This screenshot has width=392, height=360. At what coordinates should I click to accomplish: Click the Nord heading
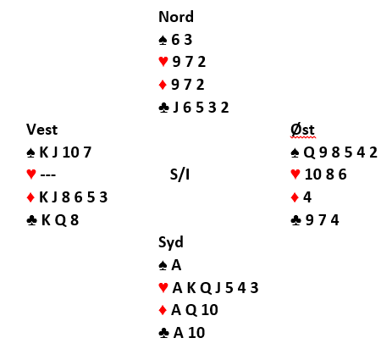point(176,17)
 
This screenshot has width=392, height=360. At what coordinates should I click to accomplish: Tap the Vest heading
point(41,130)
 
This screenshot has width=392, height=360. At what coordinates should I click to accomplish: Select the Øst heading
point(302,130)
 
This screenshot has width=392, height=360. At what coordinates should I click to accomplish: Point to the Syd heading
point(171,242)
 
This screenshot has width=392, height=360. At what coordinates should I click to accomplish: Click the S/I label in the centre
point(179,174)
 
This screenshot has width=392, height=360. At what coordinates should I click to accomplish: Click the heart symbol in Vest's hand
point(31,174)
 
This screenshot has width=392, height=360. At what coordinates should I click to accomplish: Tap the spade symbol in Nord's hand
point(163,40)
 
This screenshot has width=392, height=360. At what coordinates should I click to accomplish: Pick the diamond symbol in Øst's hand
point(295,197)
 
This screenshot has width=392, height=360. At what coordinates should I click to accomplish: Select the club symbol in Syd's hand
point(163,333)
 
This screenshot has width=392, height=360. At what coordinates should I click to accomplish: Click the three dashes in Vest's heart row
point(48,174)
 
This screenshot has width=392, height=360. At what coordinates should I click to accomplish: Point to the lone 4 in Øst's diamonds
point(307,197)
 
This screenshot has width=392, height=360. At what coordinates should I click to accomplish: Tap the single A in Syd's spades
point(176,265)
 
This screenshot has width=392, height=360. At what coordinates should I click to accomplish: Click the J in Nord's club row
point(176,108)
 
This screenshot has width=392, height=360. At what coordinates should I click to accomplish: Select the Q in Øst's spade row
point(309,152)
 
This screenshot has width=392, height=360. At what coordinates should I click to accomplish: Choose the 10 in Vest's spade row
point(70,152)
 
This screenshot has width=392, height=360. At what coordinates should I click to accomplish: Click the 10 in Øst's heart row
point(313,174)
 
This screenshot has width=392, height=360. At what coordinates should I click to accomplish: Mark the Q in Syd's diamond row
point(191,310)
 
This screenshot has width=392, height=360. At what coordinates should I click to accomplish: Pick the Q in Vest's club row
point(60,220)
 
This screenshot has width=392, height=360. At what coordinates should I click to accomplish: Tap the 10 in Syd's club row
point(196,333)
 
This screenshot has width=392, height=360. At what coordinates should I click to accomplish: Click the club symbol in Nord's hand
point(164,108)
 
